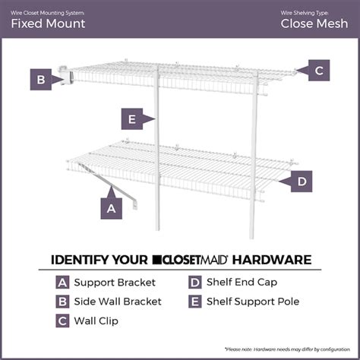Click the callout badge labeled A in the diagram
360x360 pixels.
[x=112, y=207]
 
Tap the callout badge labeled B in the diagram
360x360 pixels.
[x=39, y=79]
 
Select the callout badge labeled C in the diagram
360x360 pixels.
[x=319, y=71]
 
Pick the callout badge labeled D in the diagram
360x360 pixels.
[x=302, y=182]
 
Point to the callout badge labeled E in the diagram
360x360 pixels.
[x=132, y=118]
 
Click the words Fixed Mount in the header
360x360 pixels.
[x=48, y=23]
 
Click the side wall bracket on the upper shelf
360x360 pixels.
[x=67, y=77]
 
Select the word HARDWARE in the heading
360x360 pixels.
[x=277, y=260]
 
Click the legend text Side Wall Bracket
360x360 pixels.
[x=118, y=302]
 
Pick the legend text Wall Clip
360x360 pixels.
[x=96, y=321]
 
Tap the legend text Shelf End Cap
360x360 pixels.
[x=242, y=283]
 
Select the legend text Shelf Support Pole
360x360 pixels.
[x=251, y=302]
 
